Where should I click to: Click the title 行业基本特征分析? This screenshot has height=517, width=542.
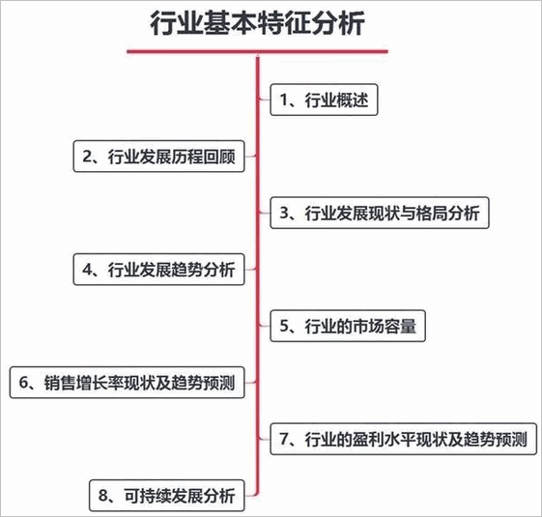coord(258,23)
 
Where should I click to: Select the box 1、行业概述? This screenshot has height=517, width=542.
coord(324,100)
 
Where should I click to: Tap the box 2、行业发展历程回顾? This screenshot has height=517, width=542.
coord(159,157)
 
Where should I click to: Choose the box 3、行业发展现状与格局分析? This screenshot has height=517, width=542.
coord(380,213)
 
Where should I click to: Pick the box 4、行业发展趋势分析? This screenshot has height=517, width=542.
coord(159,270)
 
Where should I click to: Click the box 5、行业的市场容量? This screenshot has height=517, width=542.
coord(348,326)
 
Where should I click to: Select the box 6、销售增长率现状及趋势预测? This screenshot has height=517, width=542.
coord(128,383)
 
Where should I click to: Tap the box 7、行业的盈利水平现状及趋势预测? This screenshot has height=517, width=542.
coord(403,439)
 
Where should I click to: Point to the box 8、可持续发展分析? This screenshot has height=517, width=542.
coord(167,496)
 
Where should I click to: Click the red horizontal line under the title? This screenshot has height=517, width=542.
coord(258,51)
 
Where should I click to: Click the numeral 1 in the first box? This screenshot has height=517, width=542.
coord(284,100)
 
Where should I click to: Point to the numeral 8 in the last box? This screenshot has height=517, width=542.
coord(103,496)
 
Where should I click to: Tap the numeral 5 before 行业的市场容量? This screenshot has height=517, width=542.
coord(284,326)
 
